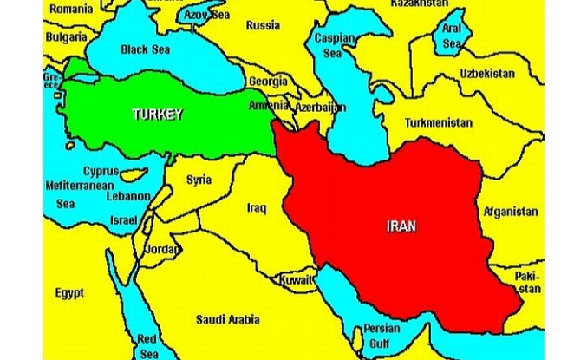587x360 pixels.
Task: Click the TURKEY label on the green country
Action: tap(158, 114)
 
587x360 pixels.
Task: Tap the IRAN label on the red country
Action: tap(401, 226)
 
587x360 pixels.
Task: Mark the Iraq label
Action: tap(256, 208)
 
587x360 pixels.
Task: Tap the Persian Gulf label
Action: tap(382, 336)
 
